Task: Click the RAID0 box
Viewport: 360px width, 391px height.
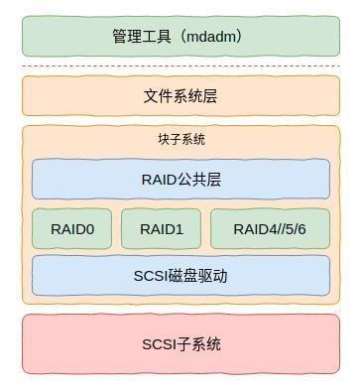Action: coord(72,229)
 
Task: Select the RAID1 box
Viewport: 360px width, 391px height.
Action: coord(161,229)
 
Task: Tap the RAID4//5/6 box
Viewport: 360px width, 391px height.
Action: coord(270,229)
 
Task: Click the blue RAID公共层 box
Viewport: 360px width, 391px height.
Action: coord(180,180)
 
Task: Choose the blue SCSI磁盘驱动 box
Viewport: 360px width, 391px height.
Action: coord(180,276)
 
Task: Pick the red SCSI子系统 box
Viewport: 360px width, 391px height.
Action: coord(180,344)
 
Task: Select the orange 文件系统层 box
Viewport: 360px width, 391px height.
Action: coord(180,96)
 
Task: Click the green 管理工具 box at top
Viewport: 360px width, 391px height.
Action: coord(180,37)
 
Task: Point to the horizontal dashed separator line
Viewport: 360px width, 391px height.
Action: coord(180,66)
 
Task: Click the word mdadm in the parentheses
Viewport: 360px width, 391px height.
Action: coord(211,37)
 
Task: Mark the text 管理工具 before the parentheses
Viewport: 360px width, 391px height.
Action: coord(143,37)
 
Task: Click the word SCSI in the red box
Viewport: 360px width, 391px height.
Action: coord(159,344)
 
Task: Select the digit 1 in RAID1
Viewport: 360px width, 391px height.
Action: coord(179,229)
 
